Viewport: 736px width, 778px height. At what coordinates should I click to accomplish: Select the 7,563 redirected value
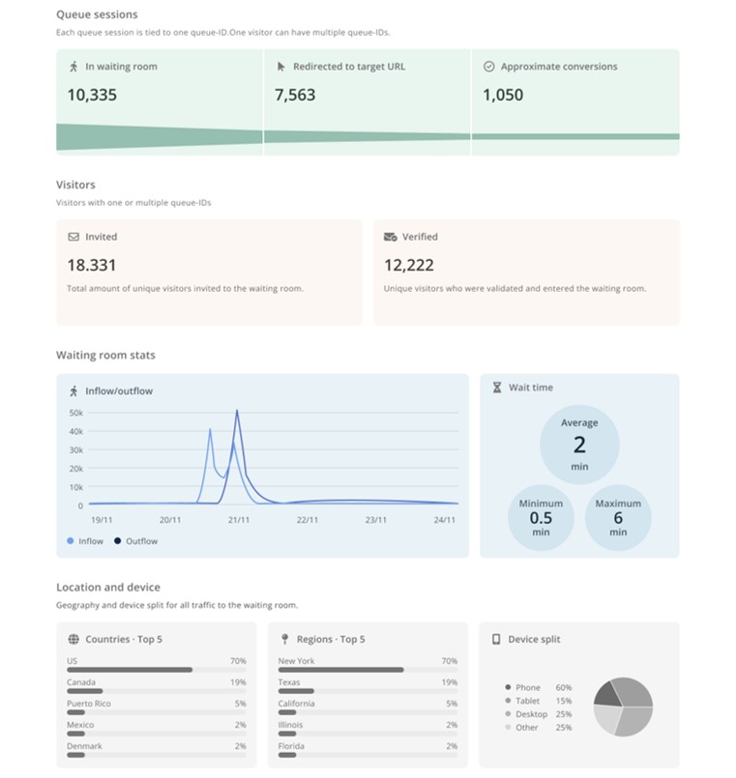click(295, 95)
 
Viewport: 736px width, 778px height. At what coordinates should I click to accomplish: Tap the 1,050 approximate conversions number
click(503, 95)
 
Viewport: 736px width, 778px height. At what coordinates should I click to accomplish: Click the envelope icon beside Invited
click(74, 237)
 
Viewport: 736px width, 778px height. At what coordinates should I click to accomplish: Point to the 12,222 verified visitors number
click(408, 265)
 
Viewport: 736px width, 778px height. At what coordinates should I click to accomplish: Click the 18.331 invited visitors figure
click(92, 265)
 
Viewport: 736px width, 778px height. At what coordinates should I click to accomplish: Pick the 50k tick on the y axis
click(76, 413)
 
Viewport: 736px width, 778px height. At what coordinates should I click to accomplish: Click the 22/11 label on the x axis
click(308, 520)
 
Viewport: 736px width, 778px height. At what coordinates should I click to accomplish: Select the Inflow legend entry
click(86, 541)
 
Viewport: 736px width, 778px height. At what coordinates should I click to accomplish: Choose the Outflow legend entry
click(137, 541)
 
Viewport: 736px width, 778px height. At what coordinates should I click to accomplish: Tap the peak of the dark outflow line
click(237, 412)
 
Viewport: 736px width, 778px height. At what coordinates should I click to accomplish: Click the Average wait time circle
click(579, 444)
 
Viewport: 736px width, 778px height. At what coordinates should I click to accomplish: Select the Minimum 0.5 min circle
click(541, 517)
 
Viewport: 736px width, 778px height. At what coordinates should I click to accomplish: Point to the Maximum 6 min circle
click(618, 517)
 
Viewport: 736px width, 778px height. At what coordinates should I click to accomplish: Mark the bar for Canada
click(85, 691)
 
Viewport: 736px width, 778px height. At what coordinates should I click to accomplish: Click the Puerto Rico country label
click(89, 704)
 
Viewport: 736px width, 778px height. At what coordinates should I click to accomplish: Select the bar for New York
click(340, 670)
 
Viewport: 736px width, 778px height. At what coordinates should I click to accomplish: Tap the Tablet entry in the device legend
click(530, 701)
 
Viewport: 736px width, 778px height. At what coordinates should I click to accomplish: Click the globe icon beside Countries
click(74, 639)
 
